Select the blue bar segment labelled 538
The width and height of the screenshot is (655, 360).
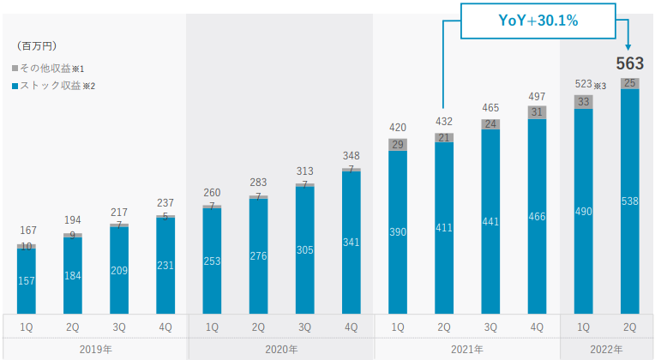[x=630, y=202]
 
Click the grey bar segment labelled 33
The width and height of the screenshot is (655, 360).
[x=584, y=101]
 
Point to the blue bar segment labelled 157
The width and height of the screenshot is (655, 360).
[x=27, y=282]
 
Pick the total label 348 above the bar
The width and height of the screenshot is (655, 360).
[x=352, y=156]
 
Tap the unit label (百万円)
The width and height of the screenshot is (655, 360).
[x=37, y=45]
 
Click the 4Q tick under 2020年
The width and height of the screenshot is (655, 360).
[x=352, y=327]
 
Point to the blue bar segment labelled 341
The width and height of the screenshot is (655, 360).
[x=352, y=243]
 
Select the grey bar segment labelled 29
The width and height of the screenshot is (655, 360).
[x=398, y=144]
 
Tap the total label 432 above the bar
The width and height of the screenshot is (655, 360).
[x=444, y=122]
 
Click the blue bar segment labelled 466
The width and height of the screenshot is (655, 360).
[x=538, y=217]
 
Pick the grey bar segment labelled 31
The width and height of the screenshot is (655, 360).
[x=538, y=112]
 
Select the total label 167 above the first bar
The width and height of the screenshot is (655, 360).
[x=27, y=230]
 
